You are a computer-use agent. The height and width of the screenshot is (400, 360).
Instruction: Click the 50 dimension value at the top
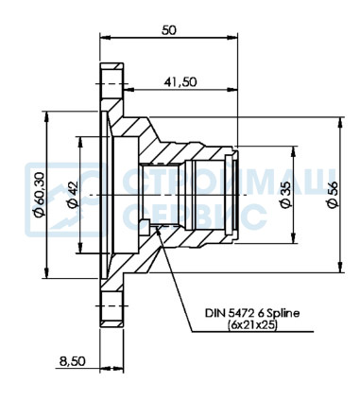click(169, 30)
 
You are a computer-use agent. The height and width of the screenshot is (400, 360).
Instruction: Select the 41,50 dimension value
click(180, 82)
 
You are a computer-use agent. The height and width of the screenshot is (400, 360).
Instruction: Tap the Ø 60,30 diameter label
click(40, 194)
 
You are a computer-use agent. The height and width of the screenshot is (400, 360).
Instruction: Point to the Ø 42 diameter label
click(73, 196)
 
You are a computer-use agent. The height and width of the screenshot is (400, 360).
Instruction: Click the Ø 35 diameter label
click(286, 195)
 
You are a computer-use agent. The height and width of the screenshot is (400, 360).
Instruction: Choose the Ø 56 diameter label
click(333, 195)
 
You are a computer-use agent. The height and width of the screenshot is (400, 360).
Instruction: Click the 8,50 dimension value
click(72, 361)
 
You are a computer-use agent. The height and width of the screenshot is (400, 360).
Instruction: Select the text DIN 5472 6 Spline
click(252, 313)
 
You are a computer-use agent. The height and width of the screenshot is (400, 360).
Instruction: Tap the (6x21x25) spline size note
click(252, 324)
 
